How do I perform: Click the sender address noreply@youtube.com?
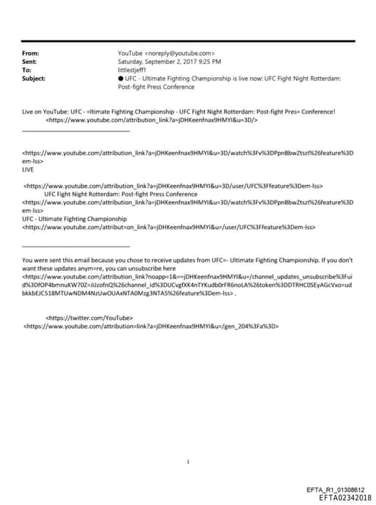[x=180, y=54]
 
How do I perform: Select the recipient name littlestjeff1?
[x=133, y=70]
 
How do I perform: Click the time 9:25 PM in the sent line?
[x=207, y=62]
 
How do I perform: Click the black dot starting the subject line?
[x=120, y=78]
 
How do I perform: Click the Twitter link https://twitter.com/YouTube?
[x=90, y=317]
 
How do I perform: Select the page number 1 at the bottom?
[x=188, y=441]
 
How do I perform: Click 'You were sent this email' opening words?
[x=59, y=261]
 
